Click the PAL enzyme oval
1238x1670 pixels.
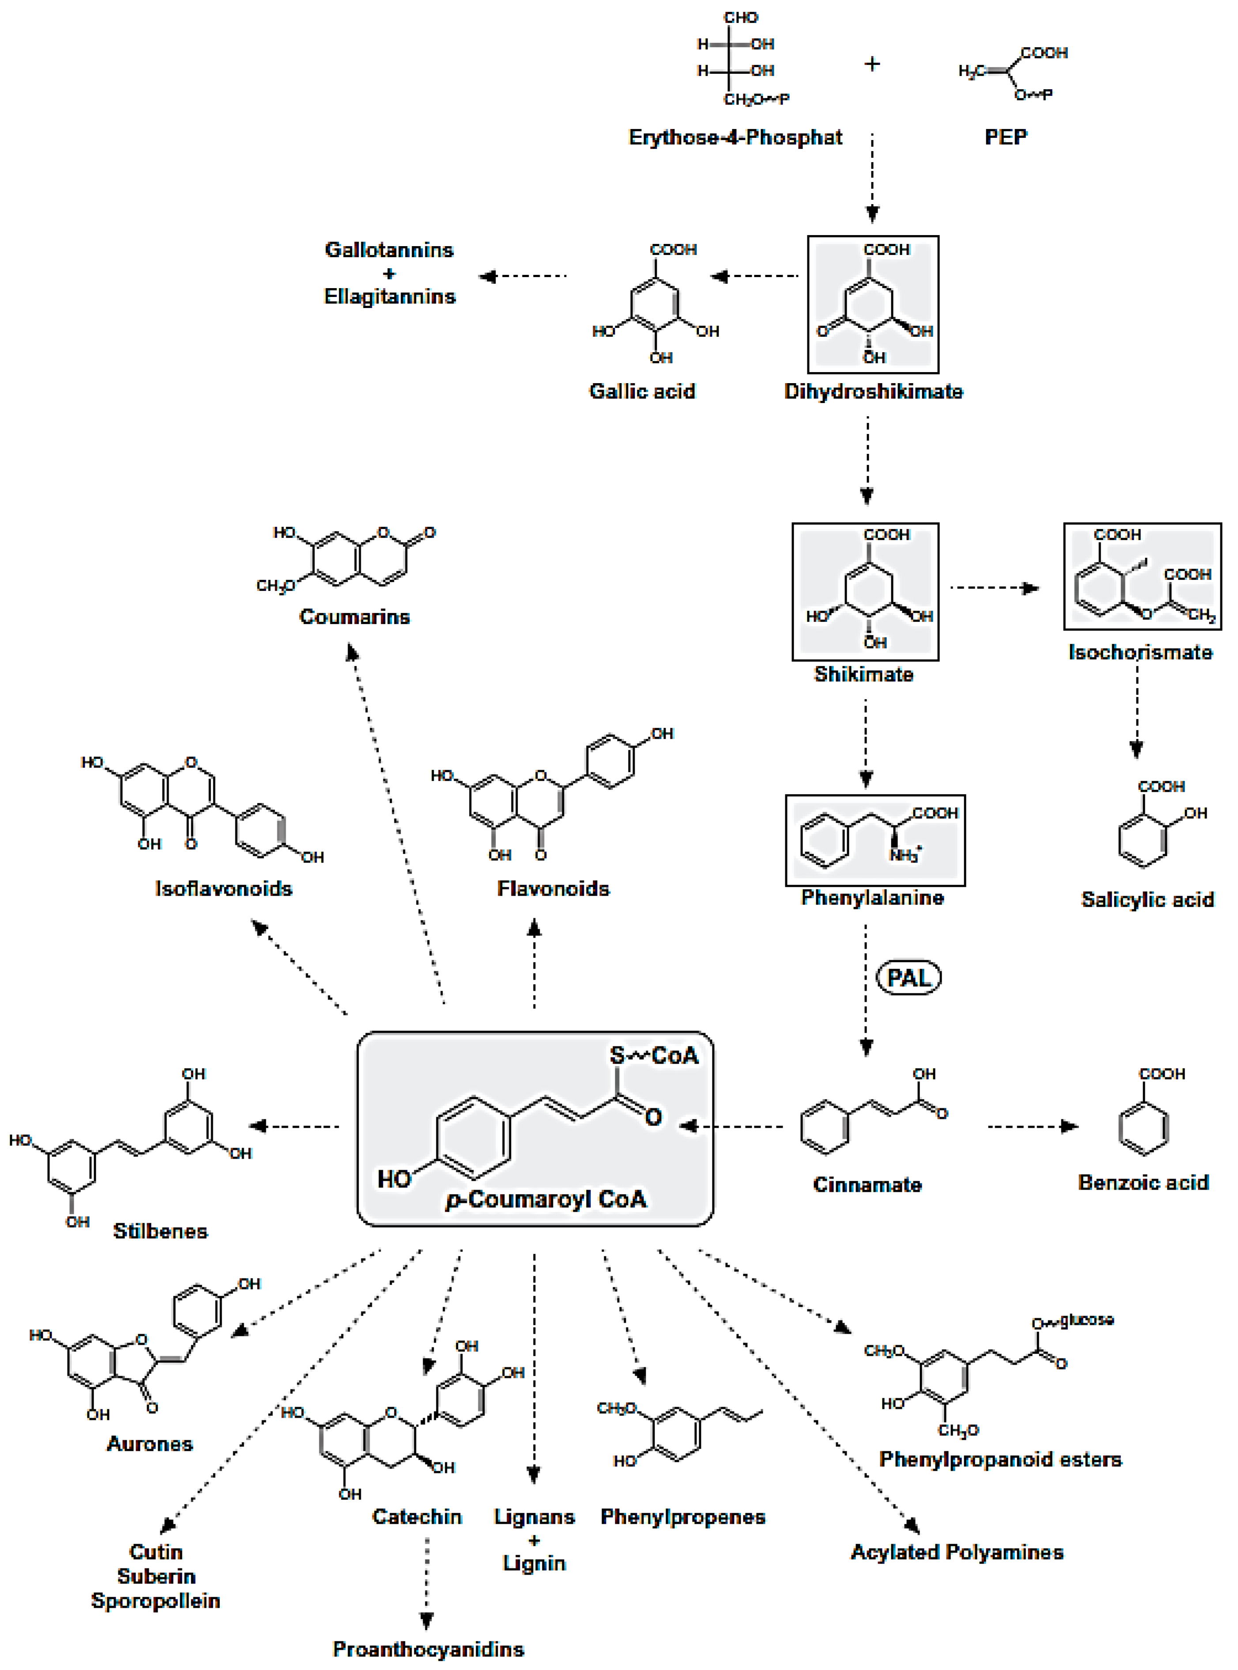pyautogui.click(x=908, y=978)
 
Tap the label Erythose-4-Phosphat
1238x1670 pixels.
pyautogui.click(x=735, y=137)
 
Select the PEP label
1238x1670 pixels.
pyautogui.click(x=1006, y=137)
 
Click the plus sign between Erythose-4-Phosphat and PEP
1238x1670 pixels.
pyautogui.click(x=871, y=65)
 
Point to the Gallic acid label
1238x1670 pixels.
pyautogui.click(x=642, y=392)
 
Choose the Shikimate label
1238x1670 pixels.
pyautogui.click(x=864, y=674)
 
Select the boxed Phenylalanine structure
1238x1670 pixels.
pyautogui.click(x=875, y=840)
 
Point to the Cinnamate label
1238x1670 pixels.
pyautogui.click(x=867, y=1185)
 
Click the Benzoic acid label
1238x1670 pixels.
pyautogui.click(x=1143, y=1183)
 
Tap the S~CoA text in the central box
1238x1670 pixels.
pyautogui.click(x=654, y=1056)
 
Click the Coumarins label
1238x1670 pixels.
pyautogui.click(x=355, y=616)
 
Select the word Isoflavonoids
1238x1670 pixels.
pyautogui.click(x=223, y=889)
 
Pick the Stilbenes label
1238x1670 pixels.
pyautogui.click(x=160, y=1231)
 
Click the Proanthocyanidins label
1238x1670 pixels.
pyautogui.click(x=429, y=1649)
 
